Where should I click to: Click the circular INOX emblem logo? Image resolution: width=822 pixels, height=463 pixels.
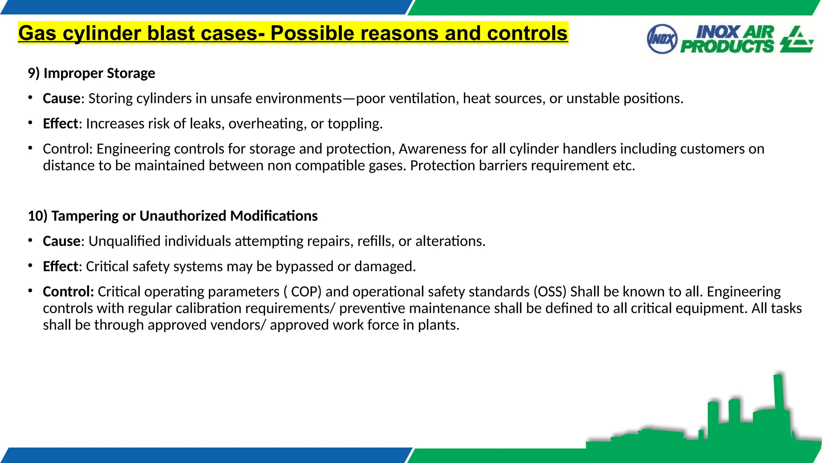[x=662, y=39]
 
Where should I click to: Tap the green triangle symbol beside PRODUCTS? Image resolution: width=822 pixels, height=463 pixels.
[x=797, y=40]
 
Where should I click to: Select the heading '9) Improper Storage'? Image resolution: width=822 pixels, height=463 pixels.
[x=92, y=73]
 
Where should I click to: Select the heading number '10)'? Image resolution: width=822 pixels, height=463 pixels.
[x=37, y=216]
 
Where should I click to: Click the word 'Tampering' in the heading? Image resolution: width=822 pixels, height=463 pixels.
[x=85, y=216]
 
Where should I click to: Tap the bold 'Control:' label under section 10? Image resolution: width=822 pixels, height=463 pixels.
[x=68, y=292]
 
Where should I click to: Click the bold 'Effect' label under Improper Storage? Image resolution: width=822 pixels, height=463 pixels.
[x=60, y=124]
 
